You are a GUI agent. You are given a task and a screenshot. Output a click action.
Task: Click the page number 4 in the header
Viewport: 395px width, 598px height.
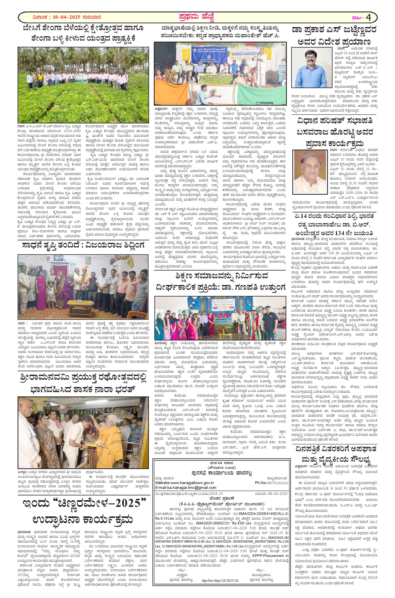(369, 18)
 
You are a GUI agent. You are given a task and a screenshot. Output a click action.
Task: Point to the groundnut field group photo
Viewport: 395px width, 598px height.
(83, 85)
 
